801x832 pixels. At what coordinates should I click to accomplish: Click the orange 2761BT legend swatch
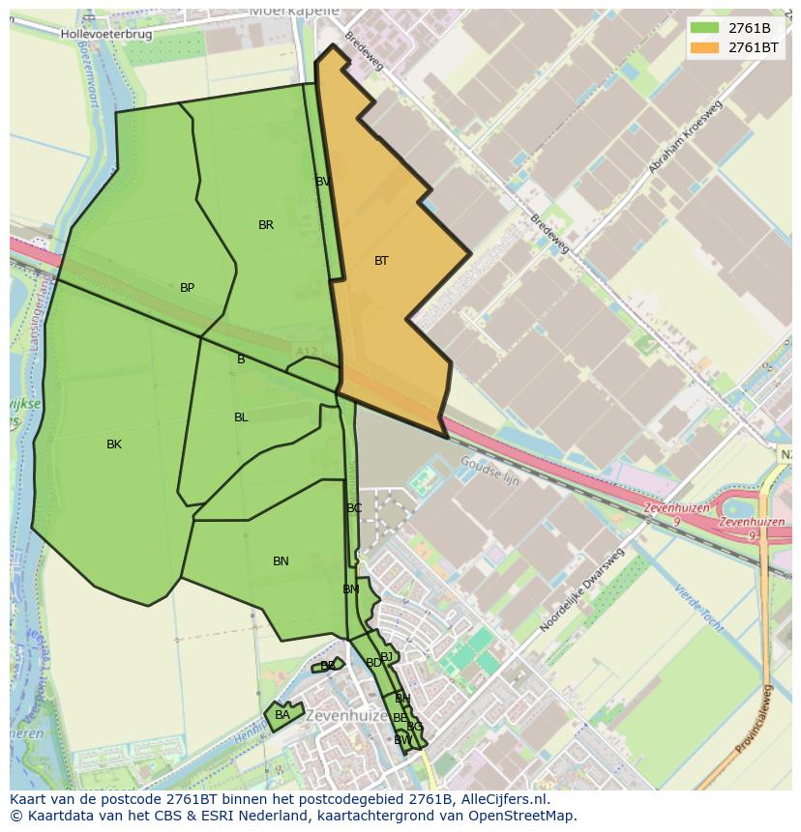705,46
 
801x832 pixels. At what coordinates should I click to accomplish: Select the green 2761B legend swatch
705,27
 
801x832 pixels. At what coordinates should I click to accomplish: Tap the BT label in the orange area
381,261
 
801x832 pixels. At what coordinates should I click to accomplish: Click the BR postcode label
266,225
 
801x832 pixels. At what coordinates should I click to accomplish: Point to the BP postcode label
188,288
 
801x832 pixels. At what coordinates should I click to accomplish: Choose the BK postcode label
114,445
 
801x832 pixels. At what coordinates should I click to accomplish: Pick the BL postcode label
241,417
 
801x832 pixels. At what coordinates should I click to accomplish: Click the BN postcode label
281,561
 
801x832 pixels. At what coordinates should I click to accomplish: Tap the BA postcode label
282,715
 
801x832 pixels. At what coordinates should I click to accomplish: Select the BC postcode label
354,508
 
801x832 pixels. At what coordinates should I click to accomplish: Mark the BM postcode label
350,589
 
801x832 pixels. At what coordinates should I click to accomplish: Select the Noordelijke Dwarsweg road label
581,590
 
